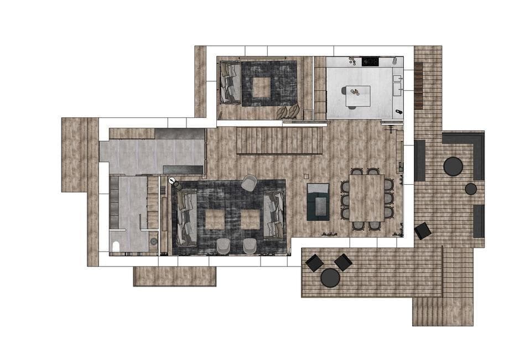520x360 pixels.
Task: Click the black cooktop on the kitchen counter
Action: pyautogui.click(x=370, y=61)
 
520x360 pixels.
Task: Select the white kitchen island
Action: pyautogui.click(x=357, y=97)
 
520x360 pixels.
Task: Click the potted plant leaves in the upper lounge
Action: pyautogui.click(x=288, y=112)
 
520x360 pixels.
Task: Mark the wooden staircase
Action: pyautogui.click(x=279, y=141)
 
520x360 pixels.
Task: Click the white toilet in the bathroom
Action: pyautogui.click(x=116, y=246)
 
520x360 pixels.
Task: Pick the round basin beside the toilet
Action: pyautogui.click(x=153, y=242)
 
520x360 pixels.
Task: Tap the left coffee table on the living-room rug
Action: pyautogui.click(x=215, y=219)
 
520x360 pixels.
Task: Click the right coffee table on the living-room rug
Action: pyautogui.click(x=250, y=219)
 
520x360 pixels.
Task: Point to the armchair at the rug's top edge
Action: pyautogui.click(x=249, y=182)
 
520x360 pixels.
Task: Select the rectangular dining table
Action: pyautogui.click(x=367, y=199)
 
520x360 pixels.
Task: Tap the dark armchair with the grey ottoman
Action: pyautogui.click(x=318, y=200)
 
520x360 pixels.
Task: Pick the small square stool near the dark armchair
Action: pyautogui.click(x=305, y=176)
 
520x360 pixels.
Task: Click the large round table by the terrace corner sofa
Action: pyautogui.click(x=453, y=166)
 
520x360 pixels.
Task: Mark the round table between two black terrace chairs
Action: pyautogui.click(x=330, y=277)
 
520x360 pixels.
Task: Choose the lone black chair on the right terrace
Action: pyautogui.click(x=423, y=231)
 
